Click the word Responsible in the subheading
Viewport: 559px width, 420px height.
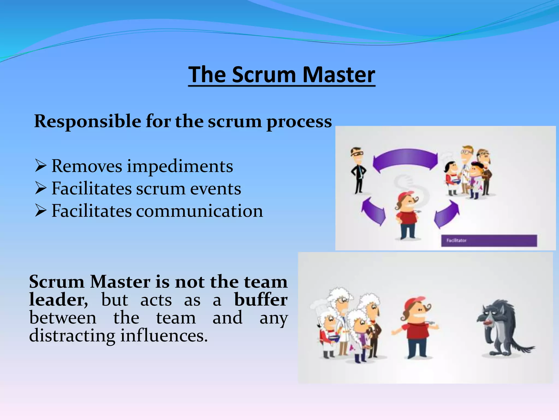[x=87, y=121]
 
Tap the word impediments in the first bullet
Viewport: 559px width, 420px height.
[x=180, y=166]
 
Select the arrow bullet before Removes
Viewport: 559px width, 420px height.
[x=40, y=166]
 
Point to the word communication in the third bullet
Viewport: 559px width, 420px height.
[x=199, y=211]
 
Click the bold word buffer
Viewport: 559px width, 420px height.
[x=261, y=300]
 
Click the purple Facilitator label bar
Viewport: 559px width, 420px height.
[x=489, y=241]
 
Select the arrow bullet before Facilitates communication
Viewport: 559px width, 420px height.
[x=40, y=211]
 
